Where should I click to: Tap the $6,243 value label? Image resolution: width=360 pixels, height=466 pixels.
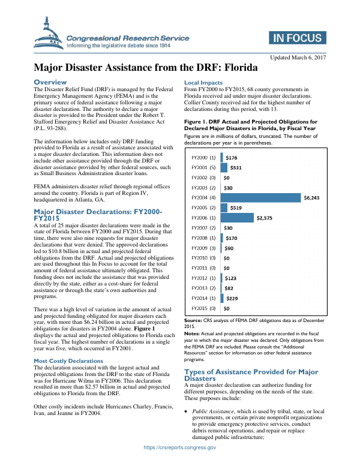[x=313, y=197]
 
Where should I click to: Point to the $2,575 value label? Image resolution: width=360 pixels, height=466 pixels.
[x=265, y=218]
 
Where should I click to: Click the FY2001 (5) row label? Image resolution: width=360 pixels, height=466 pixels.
[x=203, y=167]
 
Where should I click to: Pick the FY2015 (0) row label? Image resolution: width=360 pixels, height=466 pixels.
[x=203, y=308]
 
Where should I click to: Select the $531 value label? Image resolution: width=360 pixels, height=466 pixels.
[x=236, y=167]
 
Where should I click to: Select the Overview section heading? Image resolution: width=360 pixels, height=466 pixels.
[x=50, y=82]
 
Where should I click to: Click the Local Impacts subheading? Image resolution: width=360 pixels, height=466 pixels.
[x=203, y=82]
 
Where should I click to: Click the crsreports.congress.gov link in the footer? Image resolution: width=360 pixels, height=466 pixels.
[x=179, y=447]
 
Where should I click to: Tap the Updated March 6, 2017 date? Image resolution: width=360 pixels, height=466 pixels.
[x=298, y=57]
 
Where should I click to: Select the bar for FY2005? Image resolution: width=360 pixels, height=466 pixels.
[x=223, y=208]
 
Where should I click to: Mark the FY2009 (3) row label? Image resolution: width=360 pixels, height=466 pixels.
[x=203, y=248]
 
